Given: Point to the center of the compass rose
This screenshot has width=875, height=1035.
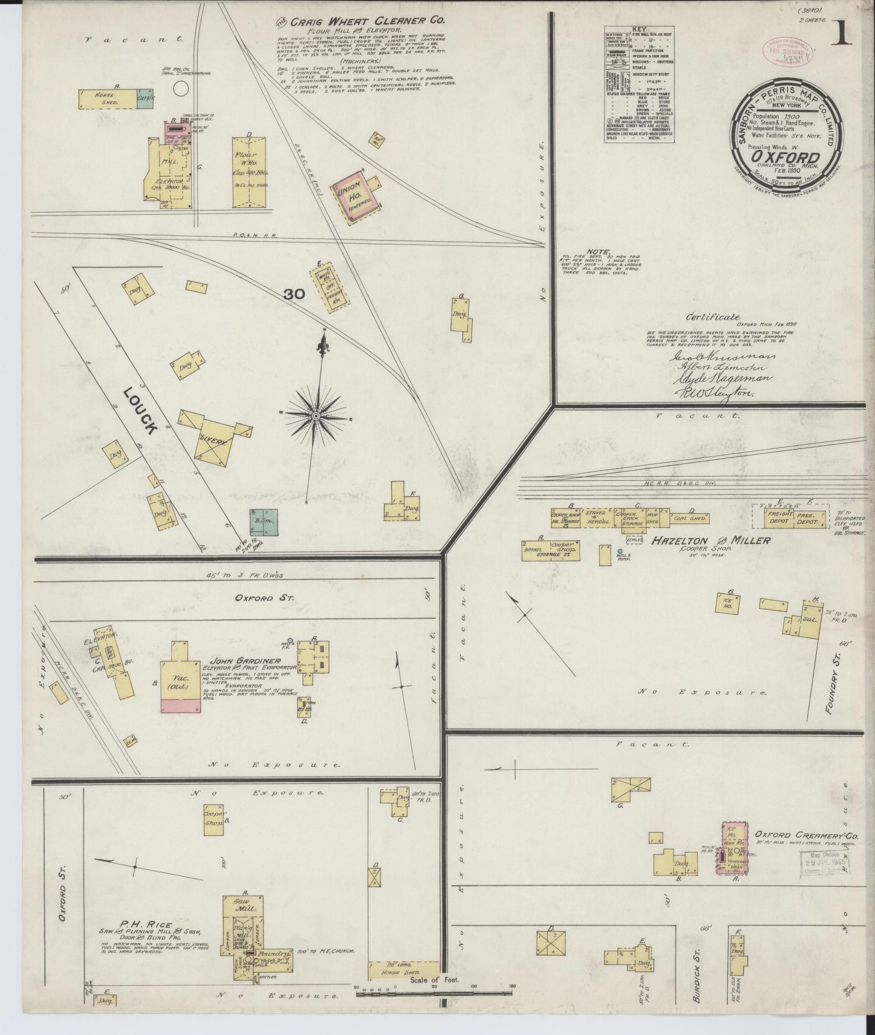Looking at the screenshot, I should pyautogui.click(x=316, y=416).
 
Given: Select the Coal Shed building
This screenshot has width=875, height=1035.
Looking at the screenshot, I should pyautogui.click(x=690, y=518).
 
